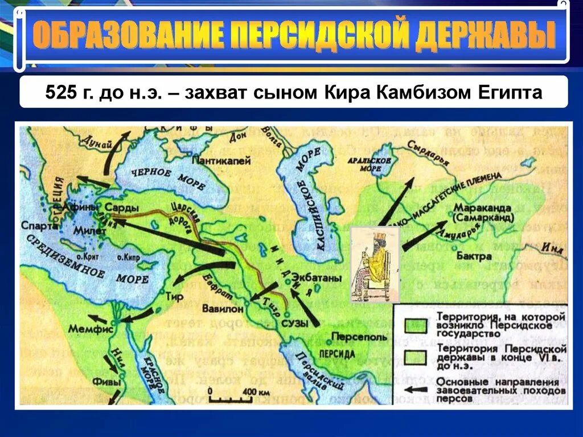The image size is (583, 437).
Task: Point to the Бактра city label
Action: point(474,256)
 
